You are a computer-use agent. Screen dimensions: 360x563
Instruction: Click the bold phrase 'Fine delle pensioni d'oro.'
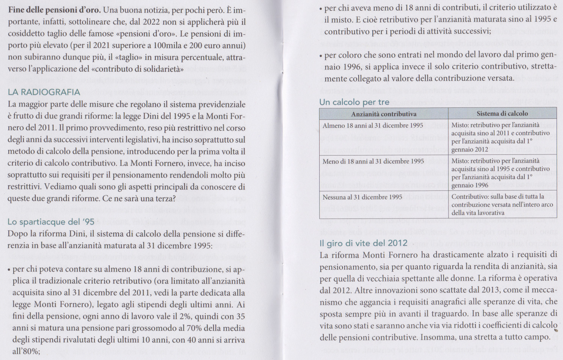(x=54, y=10)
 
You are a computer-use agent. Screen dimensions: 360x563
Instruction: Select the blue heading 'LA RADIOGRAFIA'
(x=44, y=92)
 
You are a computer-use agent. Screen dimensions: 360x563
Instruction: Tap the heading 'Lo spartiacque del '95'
(x=51, y=222)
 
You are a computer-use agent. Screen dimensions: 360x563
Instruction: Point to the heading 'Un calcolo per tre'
(x=354, y=102)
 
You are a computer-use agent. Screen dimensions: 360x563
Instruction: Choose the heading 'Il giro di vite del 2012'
(x=363, y=243)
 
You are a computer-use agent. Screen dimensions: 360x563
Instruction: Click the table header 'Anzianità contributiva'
(x=384, y=114)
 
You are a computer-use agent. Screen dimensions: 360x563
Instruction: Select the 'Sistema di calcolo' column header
(x=502, y=113)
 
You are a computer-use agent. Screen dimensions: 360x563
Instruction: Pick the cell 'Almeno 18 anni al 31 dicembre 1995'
(x=373, y=126)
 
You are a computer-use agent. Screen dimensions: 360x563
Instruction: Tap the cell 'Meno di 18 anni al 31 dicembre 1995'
(x=373, y=161)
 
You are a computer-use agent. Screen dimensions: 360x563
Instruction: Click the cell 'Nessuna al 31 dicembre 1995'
(x=362, y=197)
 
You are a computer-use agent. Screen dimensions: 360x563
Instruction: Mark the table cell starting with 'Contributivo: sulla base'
(x=502, y=204)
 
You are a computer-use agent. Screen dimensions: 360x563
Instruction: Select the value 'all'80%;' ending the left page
(x=26, y=351)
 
